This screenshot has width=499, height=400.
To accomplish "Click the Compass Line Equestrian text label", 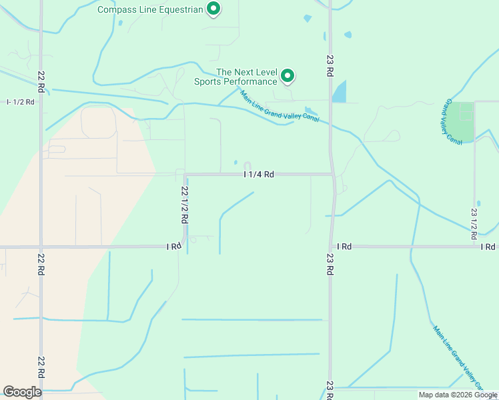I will coord(149,9).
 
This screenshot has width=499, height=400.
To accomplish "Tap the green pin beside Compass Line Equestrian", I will coord(213,9).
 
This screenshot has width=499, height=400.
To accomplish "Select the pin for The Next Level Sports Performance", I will coord(288,76).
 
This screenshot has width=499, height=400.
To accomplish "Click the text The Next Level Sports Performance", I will coord(236,77).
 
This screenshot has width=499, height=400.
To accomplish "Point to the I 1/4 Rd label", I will coord(260,175).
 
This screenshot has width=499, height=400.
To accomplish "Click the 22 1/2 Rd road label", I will coord(184,205).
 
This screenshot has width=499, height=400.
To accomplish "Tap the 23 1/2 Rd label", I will coord(474,223).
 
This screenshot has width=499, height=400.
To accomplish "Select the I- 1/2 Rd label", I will coord(20,101).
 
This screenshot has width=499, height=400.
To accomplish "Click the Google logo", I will coord(22,392).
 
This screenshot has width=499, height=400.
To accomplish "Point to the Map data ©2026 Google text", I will coord(457,395).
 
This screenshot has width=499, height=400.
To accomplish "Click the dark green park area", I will coord(460,122).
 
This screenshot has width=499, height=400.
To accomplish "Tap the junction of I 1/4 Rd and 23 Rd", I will coord(332,175).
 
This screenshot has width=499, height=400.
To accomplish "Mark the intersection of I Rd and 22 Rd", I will coord(41,247).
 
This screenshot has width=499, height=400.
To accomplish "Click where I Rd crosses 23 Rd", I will coord(331,246).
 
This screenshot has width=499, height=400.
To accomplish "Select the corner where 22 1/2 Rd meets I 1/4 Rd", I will coord(185,175).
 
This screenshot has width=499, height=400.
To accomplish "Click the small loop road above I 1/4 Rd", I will coord(247,166).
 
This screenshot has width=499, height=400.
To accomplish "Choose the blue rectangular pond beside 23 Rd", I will coord(340,91).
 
